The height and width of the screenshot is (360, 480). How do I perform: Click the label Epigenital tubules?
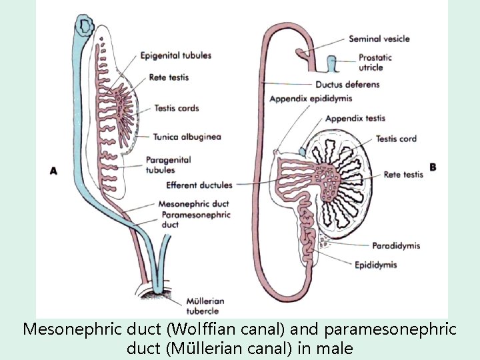coord(176,55)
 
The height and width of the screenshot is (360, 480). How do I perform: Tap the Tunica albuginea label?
coord(187,137)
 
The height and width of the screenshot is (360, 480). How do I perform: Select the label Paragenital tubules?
coord(168,165)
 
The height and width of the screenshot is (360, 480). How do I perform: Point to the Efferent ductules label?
coord(199,185)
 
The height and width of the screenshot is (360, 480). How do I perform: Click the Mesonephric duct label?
coord(194,204)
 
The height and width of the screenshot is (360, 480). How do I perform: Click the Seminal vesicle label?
coord(379,39)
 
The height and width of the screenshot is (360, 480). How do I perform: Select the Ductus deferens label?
coord(347,85)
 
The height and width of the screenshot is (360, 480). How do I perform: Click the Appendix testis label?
coord(356,119)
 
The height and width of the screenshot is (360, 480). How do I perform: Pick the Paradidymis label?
coord(396,246)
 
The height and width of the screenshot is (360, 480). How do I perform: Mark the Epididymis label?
coord(375,265)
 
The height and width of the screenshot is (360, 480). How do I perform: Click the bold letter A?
coord(54,171)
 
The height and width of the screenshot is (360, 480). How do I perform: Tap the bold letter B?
coord(433,167)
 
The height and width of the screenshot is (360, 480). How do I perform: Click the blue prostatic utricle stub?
coord(331,65)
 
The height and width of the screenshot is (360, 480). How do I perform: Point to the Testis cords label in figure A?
coord(177,108)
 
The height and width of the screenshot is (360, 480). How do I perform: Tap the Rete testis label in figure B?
coord(403,175)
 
